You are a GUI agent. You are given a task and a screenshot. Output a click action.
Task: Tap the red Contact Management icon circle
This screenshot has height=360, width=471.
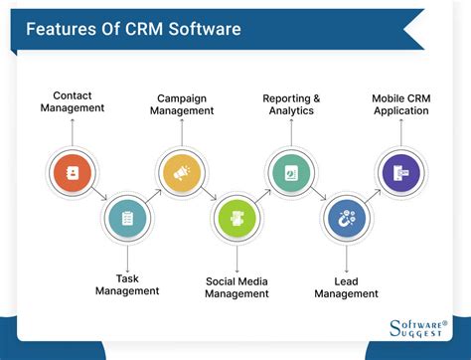point(73,170)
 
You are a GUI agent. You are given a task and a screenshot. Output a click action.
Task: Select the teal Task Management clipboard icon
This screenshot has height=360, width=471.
point(127,217)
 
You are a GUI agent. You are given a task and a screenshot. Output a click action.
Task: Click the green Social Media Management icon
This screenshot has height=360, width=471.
point(236,217)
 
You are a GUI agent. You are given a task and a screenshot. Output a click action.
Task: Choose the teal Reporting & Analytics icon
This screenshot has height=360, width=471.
point(289,170)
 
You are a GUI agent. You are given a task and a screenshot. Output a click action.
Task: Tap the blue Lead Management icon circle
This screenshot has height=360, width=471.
point(346,217)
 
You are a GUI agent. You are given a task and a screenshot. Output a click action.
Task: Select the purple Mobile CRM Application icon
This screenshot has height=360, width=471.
point(399,170)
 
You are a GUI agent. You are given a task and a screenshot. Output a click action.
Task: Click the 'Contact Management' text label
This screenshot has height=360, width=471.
point(73,102)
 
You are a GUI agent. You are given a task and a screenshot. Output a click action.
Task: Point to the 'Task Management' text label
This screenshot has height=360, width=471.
point(127,284)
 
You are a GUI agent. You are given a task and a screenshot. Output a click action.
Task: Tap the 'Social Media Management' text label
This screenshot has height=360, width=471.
point(236,287)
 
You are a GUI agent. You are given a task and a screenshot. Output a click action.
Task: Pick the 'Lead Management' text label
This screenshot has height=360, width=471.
point(346,287)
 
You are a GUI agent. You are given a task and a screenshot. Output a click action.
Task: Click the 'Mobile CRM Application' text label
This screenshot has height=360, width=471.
point(400,104)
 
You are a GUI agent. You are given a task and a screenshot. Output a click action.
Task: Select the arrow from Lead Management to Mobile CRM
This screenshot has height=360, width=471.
point(373,194)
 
